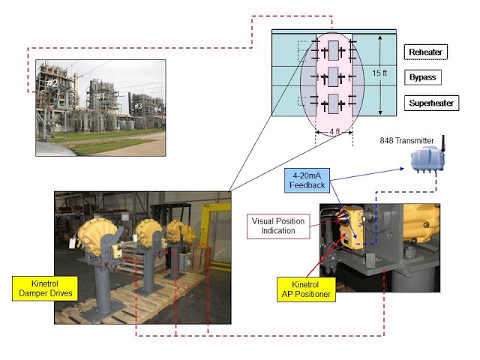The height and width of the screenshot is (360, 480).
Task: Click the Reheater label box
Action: click(425, 52)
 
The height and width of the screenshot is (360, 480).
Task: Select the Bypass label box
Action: click(423, 77)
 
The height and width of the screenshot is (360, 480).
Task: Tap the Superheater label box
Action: click(431, 103)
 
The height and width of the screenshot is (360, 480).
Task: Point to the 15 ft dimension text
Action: click(379, 73)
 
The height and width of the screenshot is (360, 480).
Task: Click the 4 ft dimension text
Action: click(334, 132)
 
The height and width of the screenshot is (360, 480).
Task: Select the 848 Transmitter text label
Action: click(406, 140)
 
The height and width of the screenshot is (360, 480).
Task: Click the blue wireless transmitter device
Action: click(427, 159)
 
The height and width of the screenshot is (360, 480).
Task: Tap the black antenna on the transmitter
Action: click(442, 143)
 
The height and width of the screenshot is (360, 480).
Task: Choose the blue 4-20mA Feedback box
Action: click(307, 180)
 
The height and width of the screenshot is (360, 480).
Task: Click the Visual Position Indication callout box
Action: click(278, 226)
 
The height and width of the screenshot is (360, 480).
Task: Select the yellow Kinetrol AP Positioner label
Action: click(306, 289)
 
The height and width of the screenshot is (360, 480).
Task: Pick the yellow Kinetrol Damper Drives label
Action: click(45, 288)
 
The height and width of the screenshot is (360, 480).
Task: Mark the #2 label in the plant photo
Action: click(52, 83)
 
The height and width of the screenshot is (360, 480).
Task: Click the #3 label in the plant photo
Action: click(138, 106)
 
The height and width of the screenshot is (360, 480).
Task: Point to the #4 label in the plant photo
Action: click(157, 109)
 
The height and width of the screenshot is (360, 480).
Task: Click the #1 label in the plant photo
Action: click(100, 97)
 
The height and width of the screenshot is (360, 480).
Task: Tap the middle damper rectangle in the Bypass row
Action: click(333, 76)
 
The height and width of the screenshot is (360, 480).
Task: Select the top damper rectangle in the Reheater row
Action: click(333, 50)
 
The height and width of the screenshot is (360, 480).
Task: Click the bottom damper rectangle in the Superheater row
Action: click(333, 103)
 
